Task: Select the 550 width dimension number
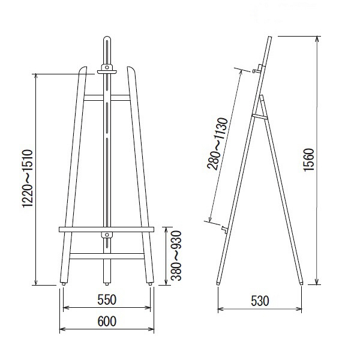point(107,299)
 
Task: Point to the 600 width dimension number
point(107,321)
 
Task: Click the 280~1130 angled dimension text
point(217,144)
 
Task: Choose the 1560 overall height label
point(308,160)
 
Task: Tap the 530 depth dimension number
point(260,301)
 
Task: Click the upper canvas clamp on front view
point(107,70)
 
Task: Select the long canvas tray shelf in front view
point(107,229)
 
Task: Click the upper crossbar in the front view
point(107,98)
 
